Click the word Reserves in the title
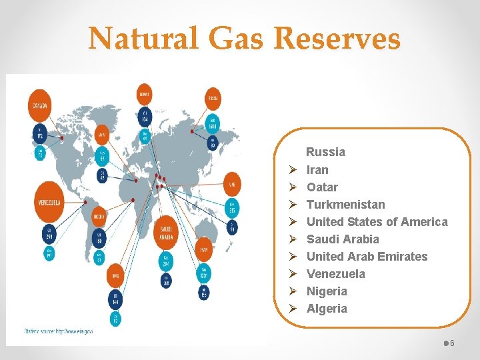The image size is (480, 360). (337, 39)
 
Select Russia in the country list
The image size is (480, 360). (325, 152)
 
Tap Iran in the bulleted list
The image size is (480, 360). (317, 170)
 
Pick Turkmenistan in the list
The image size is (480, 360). (345, 205)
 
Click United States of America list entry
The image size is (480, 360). (377, 222)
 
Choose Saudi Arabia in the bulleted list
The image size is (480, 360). (343, 239)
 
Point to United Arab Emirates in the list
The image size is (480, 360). (367, 257)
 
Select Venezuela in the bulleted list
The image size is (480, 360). (335, 274)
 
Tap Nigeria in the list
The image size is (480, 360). (327, 291)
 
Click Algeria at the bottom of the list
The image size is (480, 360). (327, 309)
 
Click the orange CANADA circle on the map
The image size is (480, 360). (41, 106)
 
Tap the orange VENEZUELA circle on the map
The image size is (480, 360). (49, 202)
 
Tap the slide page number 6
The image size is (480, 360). (452, 343)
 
